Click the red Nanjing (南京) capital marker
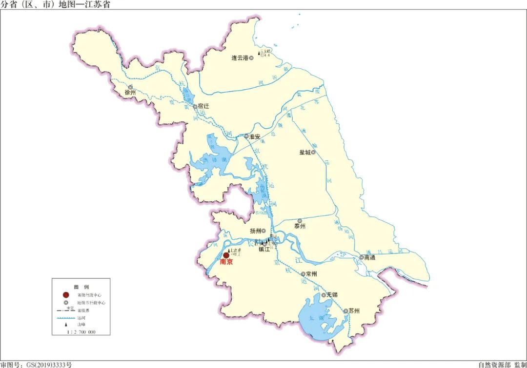pos(226,255)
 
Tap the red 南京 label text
pos(226,262)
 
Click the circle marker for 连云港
pos(251,58)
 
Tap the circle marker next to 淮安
pos(246,136)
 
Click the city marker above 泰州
pos(300,221)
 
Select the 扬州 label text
pos(255,231)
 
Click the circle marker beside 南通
pos(362,257)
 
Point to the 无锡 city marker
pos(324,295)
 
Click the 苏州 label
pos(354,311)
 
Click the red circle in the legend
pos(65,295)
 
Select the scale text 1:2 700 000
pos(81,332)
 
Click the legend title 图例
pos(81,287)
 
